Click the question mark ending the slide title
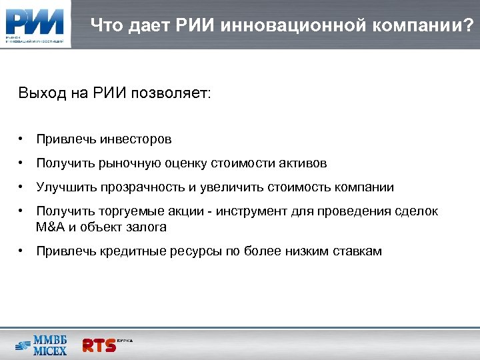click(468, 26)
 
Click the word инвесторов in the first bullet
click(136, 139)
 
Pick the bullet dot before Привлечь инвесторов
click(22, 139)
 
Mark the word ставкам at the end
click(358, 251)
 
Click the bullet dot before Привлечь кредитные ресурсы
click(22, 251)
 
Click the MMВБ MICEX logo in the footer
click(41, 344)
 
